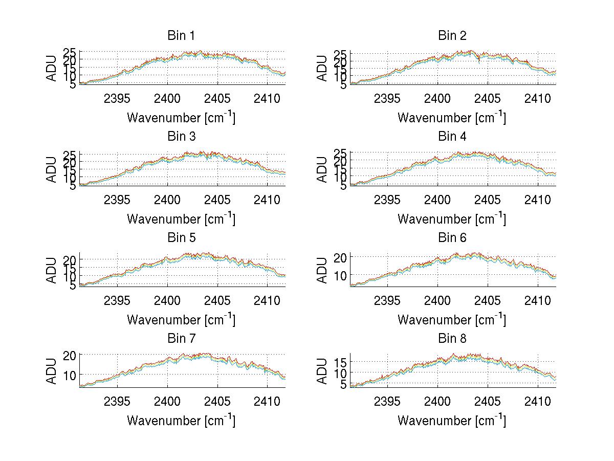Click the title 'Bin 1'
point(181,36)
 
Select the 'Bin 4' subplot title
point(452,137)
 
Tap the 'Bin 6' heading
point(452,237)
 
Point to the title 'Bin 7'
point(181,339)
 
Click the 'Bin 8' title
point(452,339)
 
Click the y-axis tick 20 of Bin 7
point(70,355)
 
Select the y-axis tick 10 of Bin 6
point(341,275)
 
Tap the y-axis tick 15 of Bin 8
point(341,363)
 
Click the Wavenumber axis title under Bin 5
point(181,320)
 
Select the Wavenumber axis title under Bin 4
point(452,219)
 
